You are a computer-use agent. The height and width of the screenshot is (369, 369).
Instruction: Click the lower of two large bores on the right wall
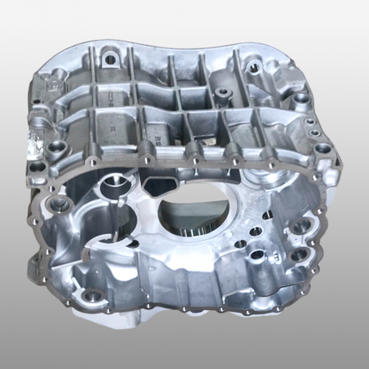coord(298,255)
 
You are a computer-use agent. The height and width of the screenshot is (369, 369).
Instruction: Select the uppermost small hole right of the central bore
coord(268,215)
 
